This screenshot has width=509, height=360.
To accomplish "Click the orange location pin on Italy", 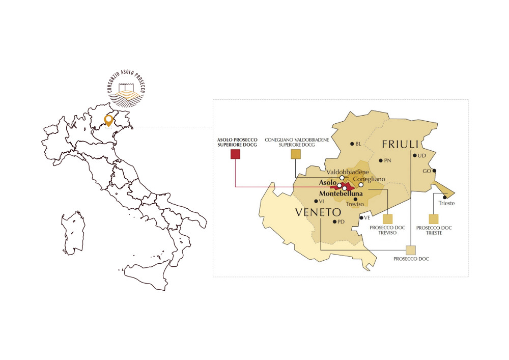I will pyautogui.click(x=108, y=121).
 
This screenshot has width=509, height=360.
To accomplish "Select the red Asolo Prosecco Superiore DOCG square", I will pyautogui.click(x=235, y=154).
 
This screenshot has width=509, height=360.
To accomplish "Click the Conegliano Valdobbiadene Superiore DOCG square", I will pyautogui.click(x=295, y=154).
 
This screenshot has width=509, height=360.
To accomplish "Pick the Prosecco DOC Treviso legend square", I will pyautogui.click(x=388, y=219).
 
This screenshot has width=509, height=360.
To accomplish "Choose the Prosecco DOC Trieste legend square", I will pyautogui.click(x=434, y=219).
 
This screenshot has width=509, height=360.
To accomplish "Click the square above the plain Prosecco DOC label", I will pyautogui.click(x=411, y=250).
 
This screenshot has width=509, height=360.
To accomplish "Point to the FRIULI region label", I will pyautogui.click(x=400, y=144).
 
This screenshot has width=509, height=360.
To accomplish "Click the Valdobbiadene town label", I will pyautogui.click(x=348, y=172).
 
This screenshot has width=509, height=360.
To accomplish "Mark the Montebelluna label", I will pyautogui.click(x=340, y=194).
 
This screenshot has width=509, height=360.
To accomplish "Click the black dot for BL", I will pyautogui.click(x=352, y=144).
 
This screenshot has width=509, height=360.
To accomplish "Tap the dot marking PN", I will pyautogui.click(x=381, y=161).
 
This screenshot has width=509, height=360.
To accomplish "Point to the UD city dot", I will pyautogui.click(x=415, y=155).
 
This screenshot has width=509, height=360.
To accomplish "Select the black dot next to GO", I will pyautogui.click(x=434, y=171).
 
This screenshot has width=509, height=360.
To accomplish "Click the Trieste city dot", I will pyautogui.click(x=445, y=197).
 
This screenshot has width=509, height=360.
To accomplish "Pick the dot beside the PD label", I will pyautogui.click(x=334, y=221).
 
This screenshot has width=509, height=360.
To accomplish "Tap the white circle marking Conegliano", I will pyautogui.click(x=361, y=185).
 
